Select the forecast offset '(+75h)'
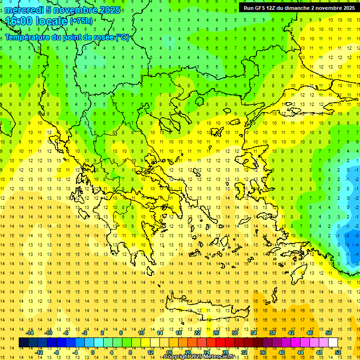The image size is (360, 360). point(81,21)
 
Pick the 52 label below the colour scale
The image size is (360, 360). point(338,352)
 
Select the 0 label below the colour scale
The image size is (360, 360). point(92,352)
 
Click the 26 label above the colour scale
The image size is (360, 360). point(216,333)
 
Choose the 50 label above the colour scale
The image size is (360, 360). point(328,333)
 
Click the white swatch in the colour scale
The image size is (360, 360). point(333,343)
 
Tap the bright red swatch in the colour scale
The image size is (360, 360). point(221,343)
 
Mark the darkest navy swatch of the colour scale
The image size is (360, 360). point(23,343)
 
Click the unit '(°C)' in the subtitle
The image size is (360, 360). point(122,37)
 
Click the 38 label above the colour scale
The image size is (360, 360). point(272,333)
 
